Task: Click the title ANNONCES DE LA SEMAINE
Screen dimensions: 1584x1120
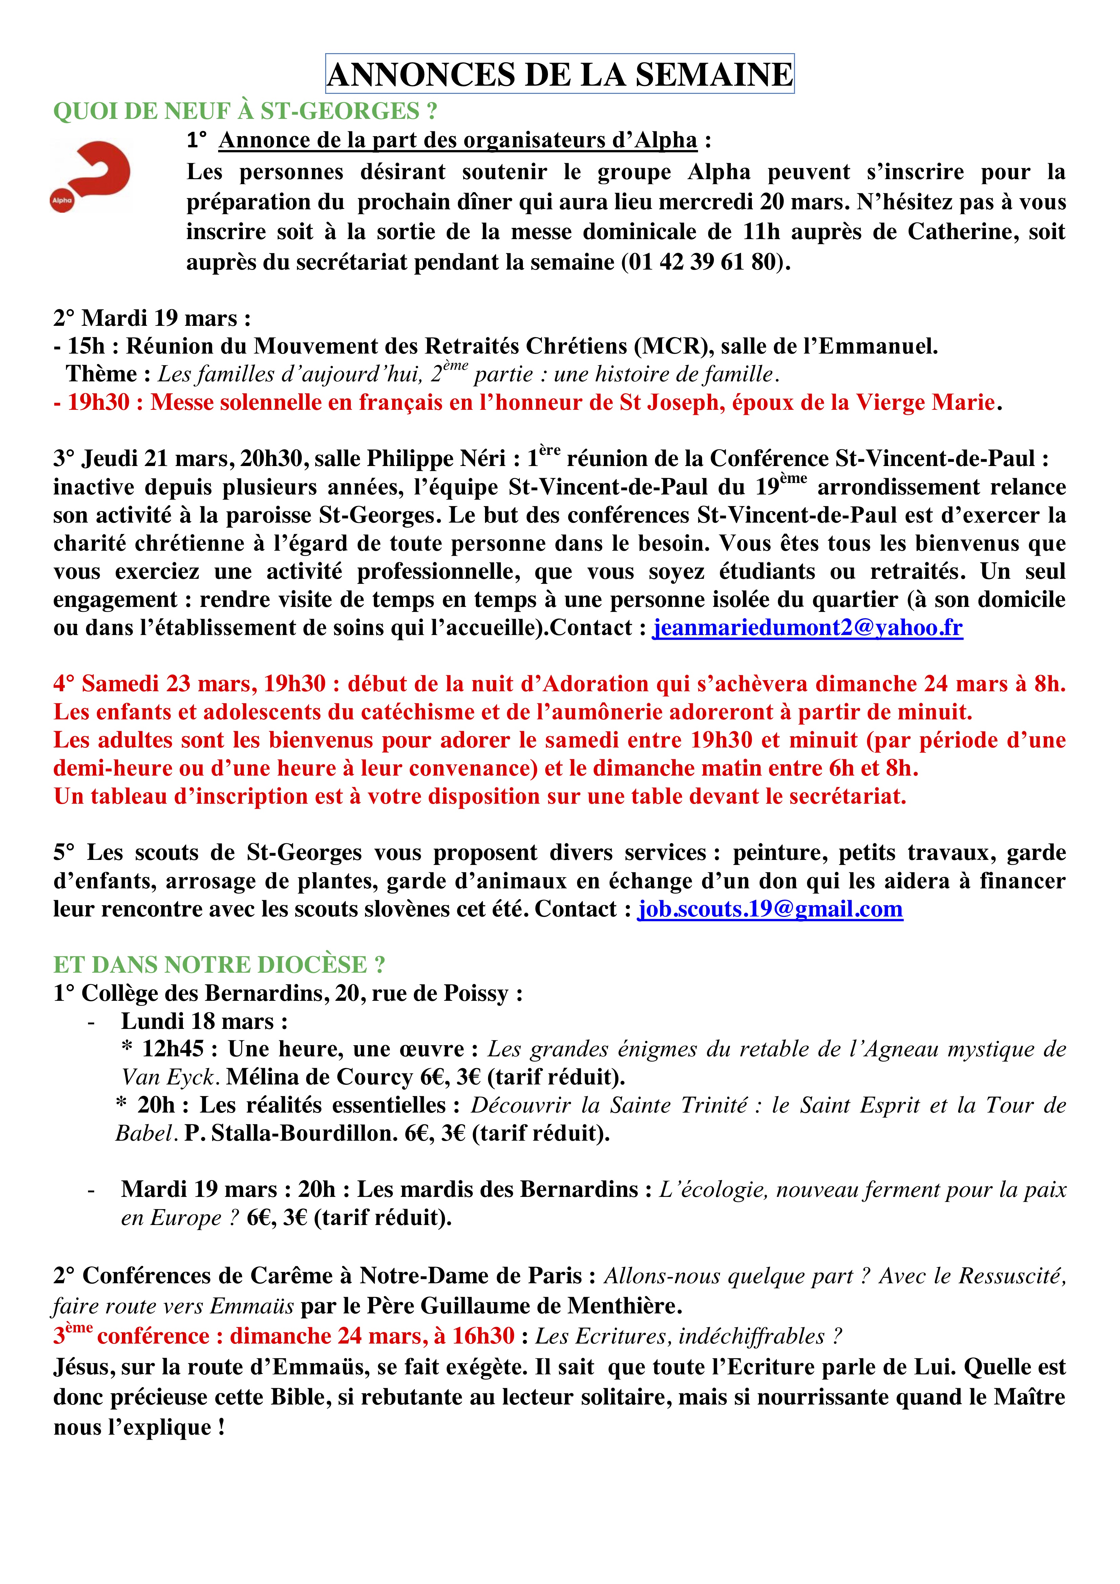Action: [559, 74]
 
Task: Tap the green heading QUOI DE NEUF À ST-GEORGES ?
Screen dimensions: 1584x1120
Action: [245, 111]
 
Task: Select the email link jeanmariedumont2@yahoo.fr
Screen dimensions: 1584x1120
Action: [807, 628]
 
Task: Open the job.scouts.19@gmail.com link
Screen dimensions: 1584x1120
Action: [769, 909]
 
